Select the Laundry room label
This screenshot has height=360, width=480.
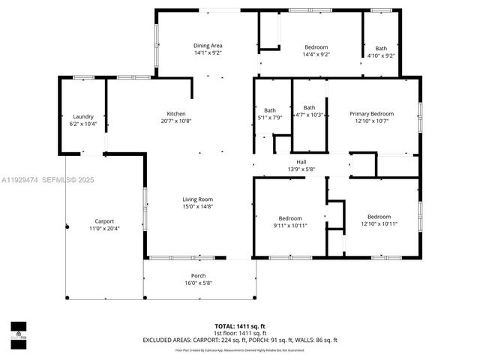(82, 116)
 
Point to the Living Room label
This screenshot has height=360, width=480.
(198, 199)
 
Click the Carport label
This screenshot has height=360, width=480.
(103, 221)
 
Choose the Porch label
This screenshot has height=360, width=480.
(198, 275)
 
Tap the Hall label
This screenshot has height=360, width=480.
(301, 161)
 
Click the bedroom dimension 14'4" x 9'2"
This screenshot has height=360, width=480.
(316, 54)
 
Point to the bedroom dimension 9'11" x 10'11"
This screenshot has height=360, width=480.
(290, 225)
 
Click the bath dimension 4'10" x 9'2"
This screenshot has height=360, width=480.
(381, 54)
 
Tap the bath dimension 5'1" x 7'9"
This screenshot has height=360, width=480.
(269, 117)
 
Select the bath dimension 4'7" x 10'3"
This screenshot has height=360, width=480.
(309, 115)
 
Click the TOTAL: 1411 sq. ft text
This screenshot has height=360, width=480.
(240, 326)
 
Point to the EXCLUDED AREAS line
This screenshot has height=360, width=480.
(240, 340)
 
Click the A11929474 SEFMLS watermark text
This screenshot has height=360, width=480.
(48, 179)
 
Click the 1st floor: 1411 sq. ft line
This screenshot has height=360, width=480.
(240, 333)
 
